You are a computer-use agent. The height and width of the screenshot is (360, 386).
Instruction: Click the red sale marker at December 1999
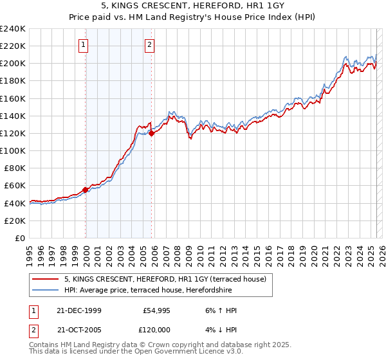pyautogui.click(x=86, y=190)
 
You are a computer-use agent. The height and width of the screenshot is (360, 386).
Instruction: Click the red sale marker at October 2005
pyautogui.click(x=152, y=133)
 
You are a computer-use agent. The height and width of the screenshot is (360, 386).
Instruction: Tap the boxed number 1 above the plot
pyautogui.click(x=84, y=45)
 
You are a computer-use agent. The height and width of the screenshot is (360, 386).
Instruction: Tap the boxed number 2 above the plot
pyautogui.click(x=149, y=45)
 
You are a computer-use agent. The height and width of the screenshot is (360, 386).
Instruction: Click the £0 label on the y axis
pyautogui.click(x=20, y=238)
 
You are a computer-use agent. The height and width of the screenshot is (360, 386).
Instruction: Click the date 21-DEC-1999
pyautogui.click(x=79, y=310)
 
